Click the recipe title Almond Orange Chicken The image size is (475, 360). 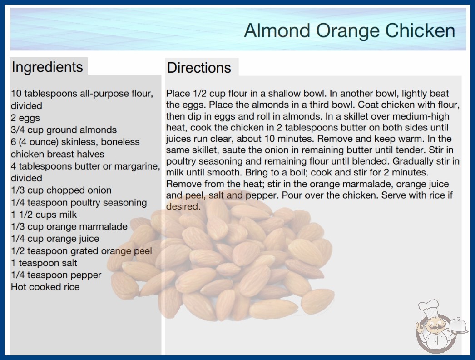click(349, 31)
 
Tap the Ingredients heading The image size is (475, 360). click(47, 67)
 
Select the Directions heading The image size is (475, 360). click(199, 68)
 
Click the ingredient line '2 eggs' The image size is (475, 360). click(25, 118)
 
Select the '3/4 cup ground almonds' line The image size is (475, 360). click(64, 130)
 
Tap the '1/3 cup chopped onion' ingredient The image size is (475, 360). click(61, 190)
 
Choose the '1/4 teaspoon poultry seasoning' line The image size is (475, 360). click(79, 202)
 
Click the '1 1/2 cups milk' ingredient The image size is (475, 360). click(44, 215)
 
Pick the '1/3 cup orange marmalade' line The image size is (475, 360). click(69, 226)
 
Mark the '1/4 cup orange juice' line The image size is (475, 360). click(55, 239)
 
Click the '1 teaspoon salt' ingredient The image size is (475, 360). click(44, 263)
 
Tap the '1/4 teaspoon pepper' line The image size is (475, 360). click(56, 275)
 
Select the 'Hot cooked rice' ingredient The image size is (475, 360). click(45, 287)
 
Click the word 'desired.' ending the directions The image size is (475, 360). click(183, 206)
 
